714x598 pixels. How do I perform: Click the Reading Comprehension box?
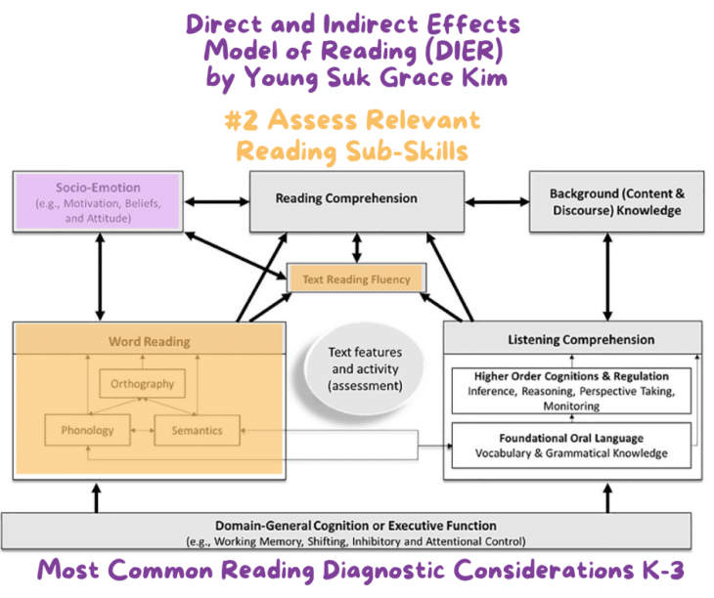click(345, 199)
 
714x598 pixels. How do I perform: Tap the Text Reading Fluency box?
click(355, 279)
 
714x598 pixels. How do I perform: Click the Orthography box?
click(142, 384)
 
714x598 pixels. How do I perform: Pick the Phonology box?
click(87, 430)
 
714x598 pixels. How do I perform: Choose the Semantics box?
click(198, 430)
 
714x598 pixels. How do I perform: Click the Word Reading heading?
click(149, 342)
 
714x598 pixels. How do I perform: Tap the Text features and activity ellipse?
click(364, 367)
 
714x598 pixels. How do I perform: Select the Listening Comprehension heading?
click(580, 340)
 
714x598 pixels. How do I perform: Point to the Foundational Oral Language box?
click(571, 446)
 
